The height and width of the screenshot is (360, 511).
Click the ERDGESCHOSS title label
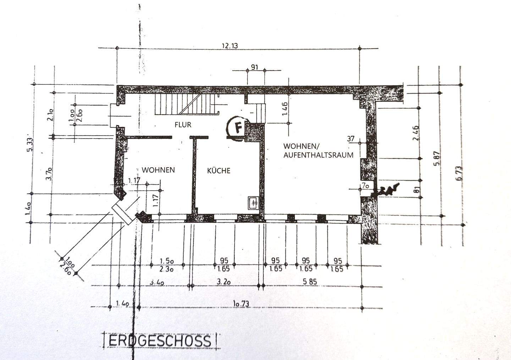(160, 341)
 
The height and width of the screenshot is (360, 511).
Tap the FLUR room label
(183, 125)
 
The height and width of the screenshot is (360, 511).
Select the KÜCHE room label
(219, 170)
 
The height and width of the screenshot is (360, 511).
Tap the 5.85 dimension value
(309, 282)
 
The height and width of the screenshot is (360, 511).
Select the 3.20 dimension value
(224, 282)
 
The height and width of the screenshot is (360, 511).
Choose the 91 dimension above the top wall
(254, 67)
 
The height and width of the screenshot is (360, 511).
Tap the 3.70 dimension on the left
(50, 174)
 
